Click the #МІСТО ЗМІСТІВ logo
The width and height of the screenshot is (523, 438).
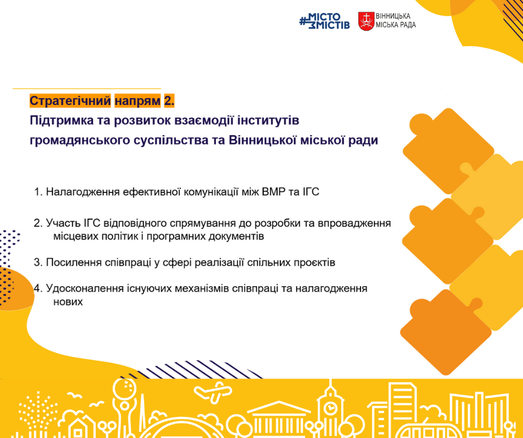[x=324, y=21]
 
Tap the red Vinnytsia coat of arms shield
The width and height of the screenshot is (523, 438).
[x=366, y=21]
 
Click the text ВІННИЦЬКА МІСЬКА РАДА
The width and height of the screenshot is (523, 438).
[x=396, y=21]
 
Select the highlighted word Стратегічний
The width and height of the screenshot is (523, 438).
[x=70, y=101]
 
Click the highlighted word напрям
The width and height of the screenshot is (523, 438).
[x=137, y=101]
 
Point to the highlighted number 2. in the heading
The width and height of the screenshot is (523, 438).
[x=169, y=101]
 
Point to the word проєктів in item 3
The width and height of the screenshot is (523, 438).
[x=314, y=263]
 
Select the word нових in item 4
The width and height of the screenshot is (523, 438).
[x=68, y=302]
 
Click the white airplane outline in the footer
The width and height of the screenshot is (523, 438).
[x=213, y=392]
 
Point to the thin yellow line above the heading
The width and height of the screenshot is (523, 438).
[x=87, y=89]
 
